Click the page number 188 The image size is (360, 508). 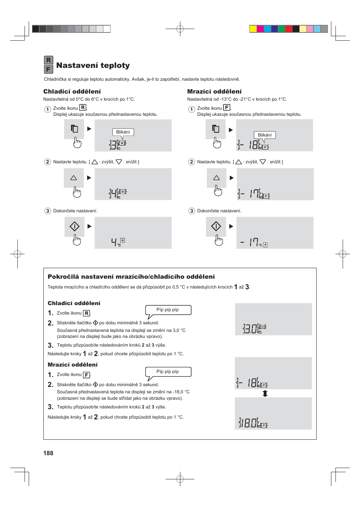(48, 453)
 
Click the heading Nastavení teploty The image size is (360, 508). (93, 65)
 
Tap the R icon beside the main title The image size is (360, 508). (48, 60)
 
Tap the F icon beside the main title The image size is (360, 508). (48, 69)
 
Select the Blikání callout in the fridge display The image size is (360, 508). (123, 132)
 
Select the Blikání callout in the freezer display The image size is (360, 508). (265, 135)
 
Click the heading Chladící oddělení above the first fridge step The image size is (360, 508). (72, 91)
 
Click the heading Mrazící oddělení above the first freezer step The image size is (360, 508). (214, 91)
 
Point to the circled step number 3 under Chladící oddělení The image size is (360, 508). (48, 211)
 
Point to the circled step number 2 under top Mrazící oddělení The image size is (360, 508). (191, 162)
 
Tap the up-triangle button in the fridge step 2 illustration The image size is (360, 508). (74, 178)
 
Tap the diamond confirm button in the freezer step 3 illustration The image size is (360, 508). (216, 226)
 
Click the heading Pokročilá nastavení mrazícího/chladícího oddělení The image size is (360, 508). (131, 276)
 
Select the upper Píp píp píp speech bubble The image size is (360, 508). (168, 310)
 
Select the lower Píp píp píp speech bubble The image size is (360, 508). (168, 372)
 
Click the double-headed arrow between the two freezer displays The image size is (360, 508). (265, 393)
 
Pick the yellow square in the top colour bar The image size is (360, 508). (253, 29)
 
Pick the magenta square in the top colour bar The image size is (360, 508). (260, 29)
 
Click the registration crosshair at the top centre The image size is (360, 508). (180, 29)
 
